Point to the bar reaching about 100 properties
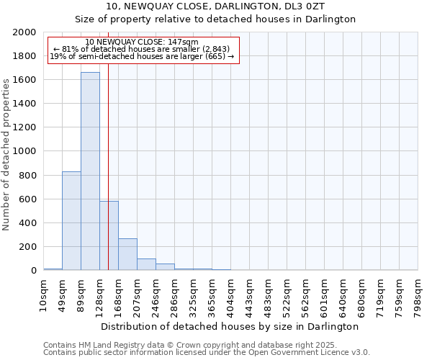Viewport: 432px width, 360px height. [x=146, y=264]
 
